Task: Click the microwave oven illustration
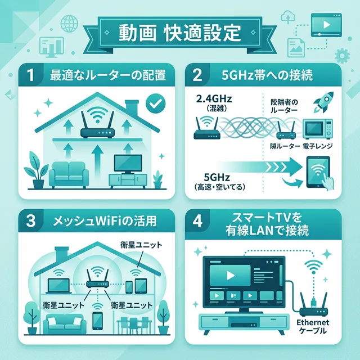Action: pos(317,129)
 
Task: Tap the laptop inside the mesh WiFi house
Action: pos(58,286)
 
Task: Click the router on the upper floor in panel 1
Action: pos(97,127)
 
